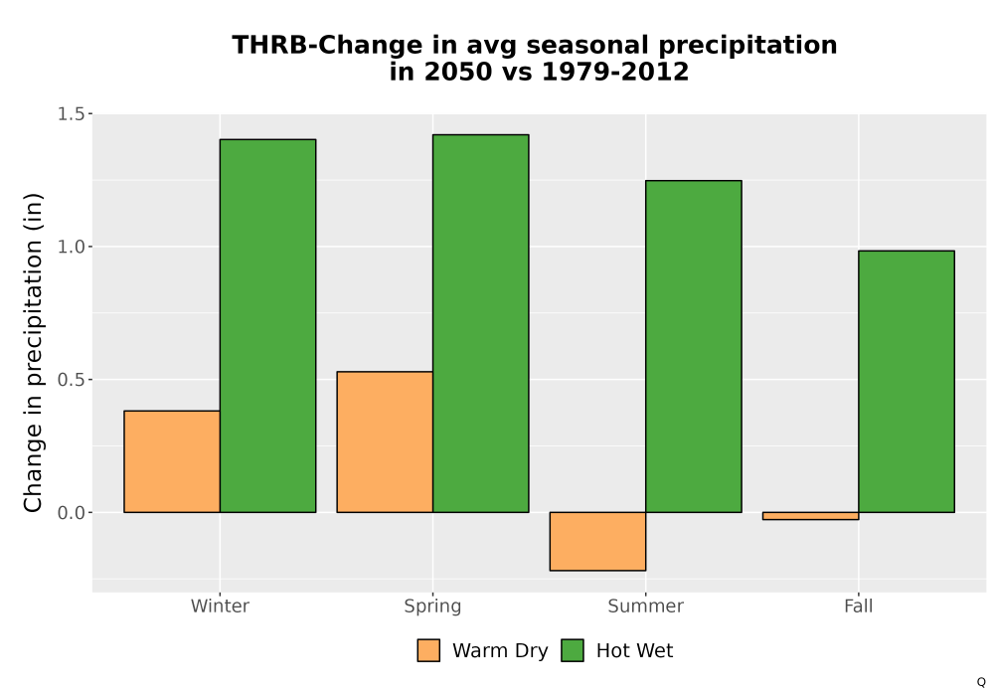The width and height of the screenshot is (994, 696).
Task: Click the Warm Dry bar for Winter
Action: [172, 461]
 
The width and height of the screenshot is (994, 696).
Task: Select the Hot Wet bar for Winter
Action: [268, 326]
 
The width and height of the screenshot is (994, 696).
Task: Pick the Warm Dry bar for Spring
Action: [385, 441]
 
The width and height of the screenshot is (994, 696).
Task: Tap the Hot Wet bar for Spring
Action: [481, 323]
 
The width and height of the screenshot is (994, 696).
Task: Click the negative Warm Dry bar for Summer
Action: [597, 541]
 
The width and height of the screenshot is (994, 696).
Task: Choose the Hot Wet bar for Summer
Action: [694, 347]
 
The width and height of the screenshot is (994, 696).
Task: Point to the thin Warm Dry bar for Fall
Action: [811, 516]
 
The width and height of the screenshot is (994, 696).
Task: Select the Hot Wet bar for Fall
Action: [907, 382]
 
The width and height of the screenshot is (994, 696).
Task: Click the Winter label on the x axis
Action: [220, 606]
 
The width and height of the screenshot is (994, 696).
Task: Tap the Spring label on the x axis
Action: [433, 607]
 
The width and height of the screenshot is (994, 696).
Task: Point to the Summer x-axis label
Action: [646, 606]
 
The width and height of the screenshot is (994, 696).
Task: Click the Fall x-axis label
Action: [859, 606]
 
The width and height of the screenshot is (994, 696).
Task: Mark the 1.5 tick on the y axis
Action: [71, 114]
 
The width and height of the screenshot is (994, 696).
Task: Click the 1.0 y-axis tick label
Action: [71, 247]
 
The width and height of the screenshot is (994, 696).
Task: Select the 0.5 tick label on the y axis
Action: [71, 380]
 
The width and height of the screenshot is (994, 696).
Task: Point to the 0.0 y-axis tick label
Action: [71, 513]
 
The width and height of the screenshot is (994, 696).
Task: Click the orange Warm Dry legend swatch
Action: [428, 650]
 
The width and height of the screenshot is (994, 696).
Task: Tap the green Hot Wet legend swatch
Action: [573, 650]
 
